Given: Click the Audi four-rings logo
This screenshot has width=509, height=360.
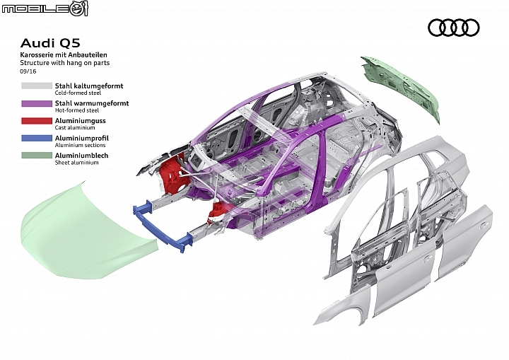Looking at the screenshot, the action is [x=453, y=28].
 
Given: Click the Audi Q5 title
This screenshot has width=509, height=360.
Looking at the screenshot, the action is [x=50, y=43].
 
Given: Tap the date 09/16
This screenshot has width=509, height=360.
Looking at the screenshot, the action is [x=28, y=71].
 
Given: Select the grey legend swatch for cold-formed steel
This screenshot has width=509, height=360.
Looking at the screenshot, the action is [x=37, y=86].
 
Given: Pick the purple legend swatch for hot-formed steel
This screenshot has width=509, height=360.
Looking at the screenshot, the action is [x=37, y=103].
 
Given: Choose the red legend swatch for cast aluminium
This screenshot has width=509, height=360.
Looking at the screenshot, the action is [x=37, y=121].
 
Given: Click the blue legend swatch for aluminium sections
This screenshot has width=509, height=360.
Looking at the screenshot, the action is [x=37, y=138].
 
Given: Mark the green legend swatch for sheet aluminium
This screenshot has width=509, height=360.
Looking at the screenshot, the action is [x=37, y=156].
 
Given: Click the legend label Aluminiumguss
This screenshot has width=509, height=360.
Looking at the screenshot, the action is [x=80, y=121].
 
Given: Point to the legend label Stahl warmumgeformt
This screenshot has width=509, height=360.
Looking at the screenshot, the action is [x=92, y=103].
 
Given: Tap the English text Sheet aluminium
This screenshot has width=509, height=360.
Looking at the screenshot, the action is [x=76, y=163].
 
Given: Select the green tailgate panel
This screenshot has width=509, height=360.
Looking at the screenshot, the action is [x=402, y=86].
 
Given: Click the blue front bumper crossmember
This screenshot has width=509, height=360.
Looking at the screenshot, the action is [x=160, y=228].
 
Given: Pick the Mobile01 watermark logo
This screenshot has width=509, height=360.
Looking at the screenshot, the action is [x=45, y=8].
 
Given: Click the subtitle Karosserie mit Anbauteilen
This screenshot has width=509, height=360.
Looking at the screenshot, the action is [x=64, y=55].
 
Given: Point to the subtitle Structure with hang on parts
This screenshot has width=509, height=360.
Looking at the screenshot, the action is [x=65, y=63].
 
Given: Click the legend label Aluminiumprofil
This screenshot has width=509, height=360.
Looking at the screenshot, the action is [x=81, y=138].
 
